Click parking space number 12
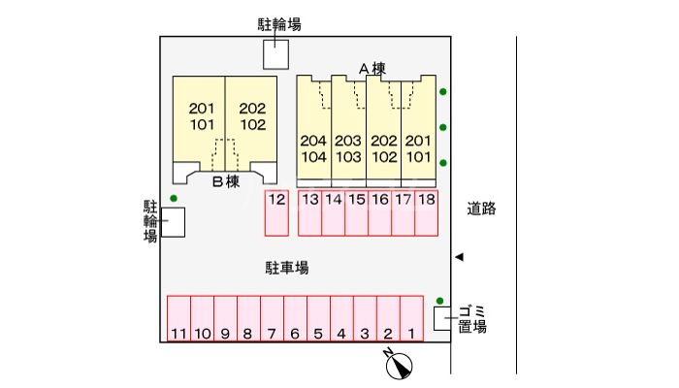click(277, 213)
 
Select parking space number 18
click(427, 213)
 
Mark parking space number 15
click(357, 213)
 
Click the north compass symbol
click(400, 365)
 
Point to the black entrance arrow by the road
click(461, 257)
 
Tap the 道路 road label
click(481, 208)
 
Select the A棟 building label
click(372, 69)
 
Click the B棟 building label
click(225, 181)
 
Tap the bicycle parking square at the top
click(276, 54)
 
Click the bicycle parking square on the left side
click(173, 223)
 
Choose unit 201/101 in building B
click(201, 116)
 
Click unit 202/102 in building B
click(252, 116)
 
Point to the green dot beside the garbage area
click(440, 300)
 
